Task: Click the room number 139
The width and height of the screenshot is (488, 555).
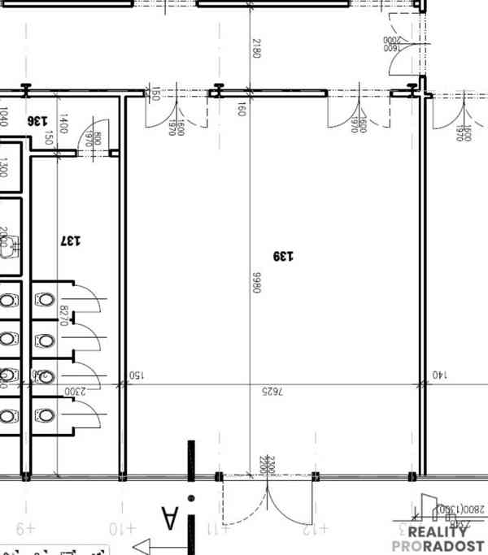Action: click(283, 257)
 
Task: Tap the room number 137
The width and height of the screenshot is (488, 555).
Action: click(71, 241)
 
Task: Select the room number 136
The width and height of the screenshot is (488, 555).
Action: click(37, 120)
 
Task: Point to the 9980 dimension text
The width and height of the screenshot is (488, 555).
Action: click(256, 282)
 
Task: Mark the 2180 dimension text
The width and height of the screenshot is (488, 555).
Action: click(257, 48)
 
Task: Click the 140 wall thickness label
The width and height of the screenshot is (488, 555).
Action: click(439, 375)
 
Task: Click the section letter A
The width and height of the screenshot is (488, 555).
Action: click(169, 518)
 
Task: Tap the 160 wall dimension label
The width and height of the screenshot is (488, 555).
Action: click(241, 108)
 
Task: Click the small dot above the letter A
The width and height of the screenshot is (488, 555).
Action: click(191, 497)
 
